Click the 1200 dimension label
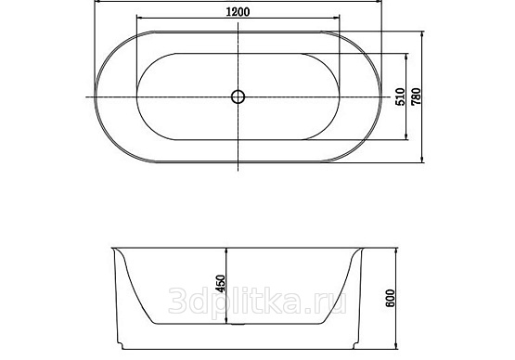click(x=238, y=12)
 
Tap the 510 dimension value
click(x=400, y=96)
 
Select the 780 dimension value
click(x=416, y=96)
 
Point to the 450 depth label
click(x=221, y=284)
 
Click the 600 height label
click(x=390, y=298)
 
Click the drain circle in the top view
click(x=238, y=96)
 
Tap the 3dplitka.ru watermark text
click(x=257, y=301)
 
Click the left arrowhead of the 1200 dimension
click(x=139, y=18)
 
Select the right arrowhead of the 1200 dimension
click(x=337, y=18)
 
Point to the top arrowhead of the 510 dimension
click(x=407, y=57)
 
